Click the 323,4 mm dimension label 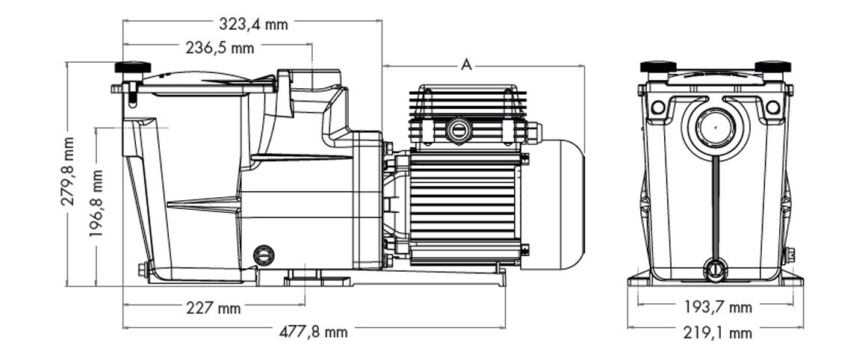click(253, 24)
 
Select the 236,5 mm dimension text click(220, 49)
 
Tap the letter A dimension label click(466, 65)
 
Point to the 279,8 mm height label click(68, 171)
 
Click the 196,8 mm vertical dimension click(96, 202)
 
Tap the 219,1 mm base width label click(717, 332)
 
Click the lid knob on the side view click(133, 68)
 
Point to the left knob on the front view click(658, 67)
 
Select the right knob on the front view click(772, 67)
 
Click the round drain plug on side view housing click(264, 255)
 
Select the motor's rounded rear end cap click(561, 204)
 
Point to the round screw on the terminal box click(458, 131)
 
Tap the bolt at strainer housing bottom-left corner click(143, 269)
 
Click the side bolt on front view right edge click(789, 255)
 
